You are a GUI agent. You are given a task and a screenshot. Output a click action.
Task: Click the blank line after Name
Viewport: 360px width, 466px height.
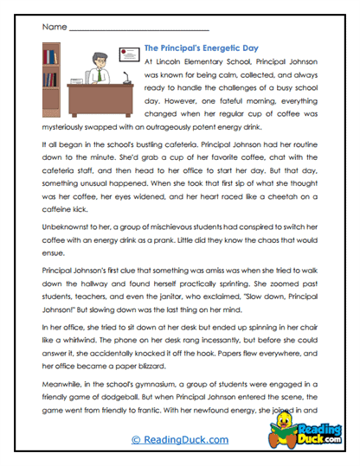tap(138, 29)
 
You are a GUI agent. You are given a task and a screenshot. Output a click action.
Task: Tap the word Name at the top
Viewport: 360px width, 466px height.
tap(53, 28)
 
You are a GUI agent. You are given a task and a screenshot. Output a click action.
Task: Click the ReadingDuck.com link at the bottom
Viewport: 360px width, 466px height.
tap(180, 440)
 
